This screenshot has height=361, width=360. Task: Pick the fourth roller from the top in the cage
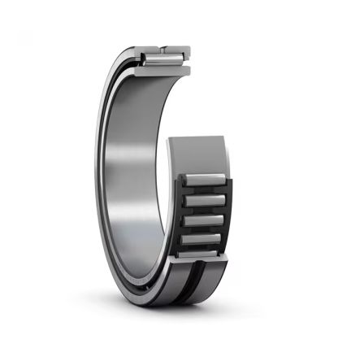[202, 239]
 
